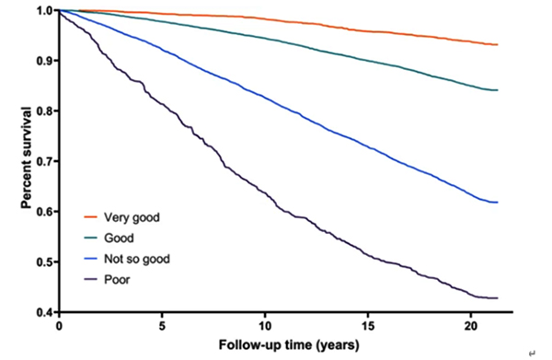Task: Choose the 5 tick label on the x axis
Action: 163,327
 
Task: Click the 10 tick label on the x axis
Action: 266,327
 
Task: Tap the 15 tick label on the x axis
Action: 369,327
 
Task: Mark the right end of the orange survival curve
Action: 498,44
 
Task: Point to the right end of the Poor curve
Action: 498,297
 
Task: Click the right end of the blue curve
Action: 498,202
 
